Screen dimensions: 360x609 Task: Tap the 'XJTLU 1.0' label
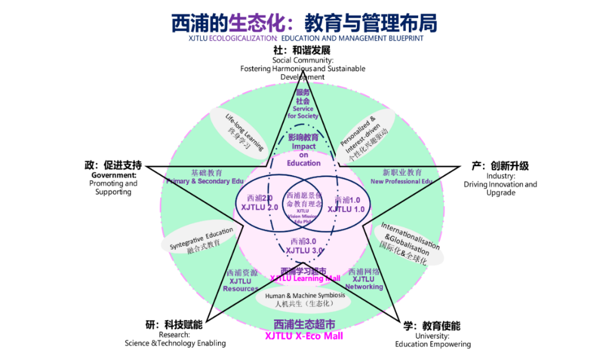pos(346,209)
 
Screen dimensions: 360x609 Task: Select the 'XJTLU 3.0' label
pos(304,250)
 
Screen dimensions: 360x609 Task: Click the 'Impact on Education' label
pos(304,154)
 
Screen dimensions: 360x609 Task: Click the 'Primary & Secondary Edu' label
pos(204,181)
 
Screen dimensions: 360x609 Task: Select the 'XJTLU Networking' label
pos(364,282)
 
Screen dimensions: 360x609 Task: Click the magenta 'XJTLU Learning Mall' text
pos(305,278)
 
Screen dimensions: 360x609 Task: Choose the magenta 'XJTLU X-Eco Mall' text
pos(304,336)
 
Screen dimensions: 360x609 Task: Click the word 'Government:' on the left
pos(114,175)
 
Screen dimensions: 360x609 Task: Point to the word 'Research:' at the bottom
pos(174,335)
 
